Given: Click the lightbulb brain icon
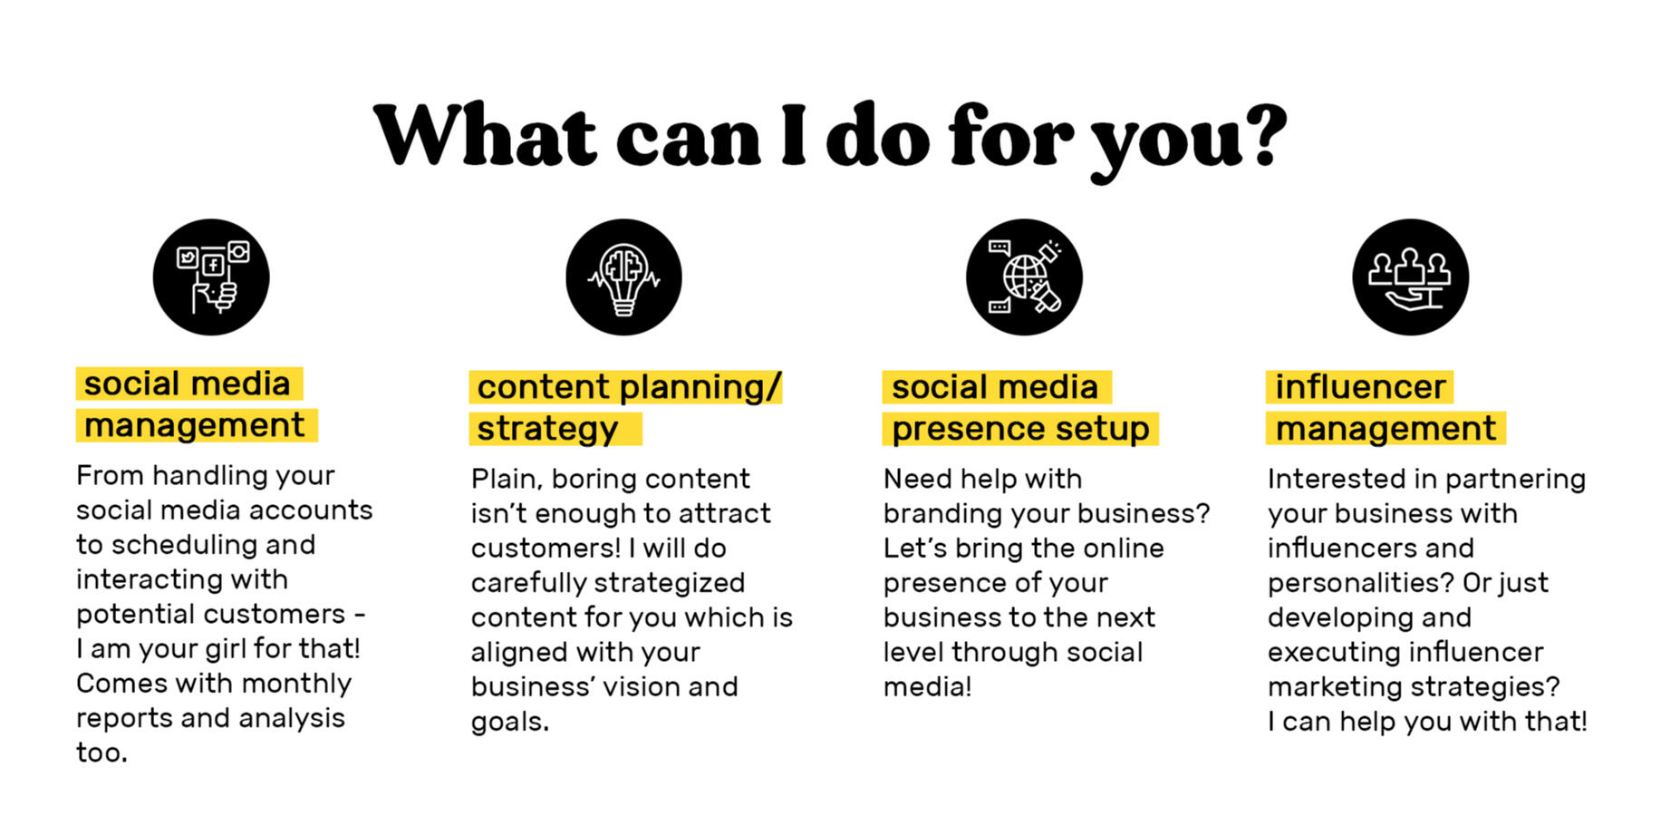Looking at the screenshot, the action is click(x=623, y=277).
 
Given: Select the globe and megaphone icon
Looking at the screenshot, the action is click(x=1024, y=277).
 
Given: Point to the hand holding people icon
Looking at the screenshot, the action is click(x=1410, y=277).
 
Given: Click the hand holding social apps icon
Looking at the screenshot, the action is click(x=211, y=277).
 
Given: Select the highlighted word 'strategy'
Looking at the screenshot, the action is click(x=547, y=429).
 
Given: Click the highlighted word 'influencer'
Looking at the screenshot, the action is click(x=1360, y=387).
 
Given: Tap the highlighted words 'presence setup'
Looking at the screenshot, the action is click(x=1020, y=429).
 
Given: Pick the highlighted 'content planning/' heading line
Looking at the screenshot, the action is click(x=628, y=387).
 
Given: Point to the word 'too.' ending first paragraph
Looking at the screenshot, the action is click(x=101, y=753).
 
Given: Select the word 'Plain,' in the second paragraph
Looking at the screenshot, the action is click(x=507, y=479).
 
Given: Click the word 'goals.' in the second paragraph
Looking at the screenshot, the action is click(x=510, y=723).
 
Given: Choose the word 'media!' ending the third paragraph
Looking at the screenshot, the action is click(x=927, y=686).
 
